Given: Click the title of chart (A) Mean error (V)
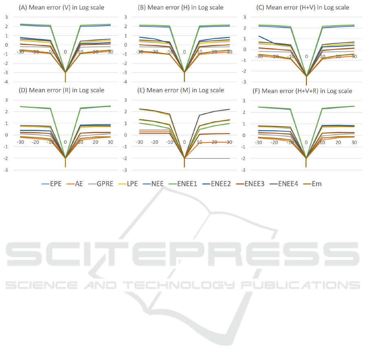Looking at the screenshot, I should [65, 7].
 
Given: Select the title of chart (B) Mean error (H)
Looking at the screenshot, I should [185, 7].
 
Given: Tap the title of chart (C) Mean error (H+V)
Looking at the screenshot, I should [306, 7].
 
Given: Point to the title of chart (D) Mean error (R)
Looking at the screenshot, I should [65, 90].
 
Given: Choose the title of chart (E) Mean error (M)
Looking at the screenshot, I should [185, 90].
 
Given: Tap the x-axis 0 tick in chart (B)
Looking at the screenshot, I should [185, 52].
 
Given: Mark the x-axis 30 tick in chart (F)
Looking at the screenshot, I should [354, 142].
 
